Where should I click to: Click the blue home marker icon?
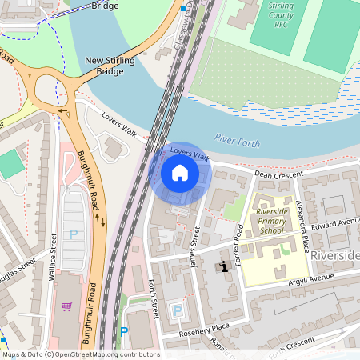180,173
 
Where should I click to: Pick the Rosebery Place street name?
203,326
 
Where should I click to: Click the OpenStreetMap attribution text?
80,354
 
